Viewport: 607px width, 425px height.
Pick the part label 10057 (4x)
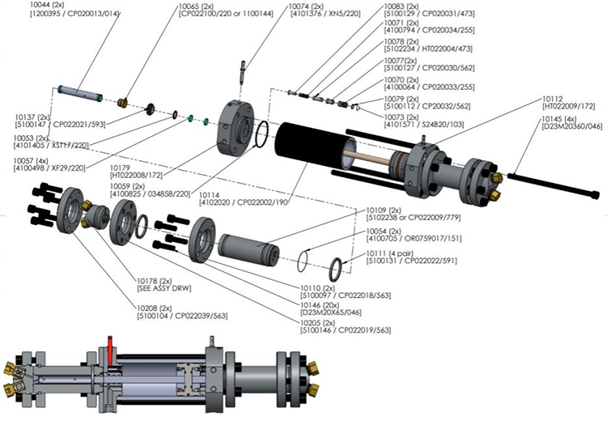28,160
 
